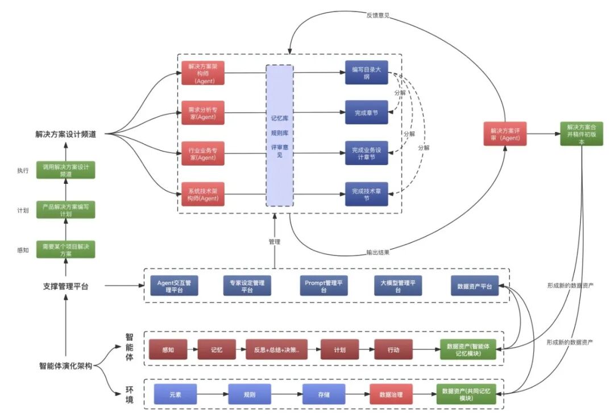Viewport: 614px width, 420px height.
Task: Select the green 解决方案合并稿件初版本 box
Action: [x=581, y=134]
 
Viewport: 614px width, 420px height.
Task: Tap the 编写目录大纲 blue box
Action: [x=367, y=73]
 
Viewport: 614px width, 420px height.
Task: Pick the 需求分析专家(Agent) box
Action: [x=203, y=113]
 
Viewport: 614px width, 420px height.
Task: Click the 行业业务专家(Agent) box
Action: [x=203, y=154]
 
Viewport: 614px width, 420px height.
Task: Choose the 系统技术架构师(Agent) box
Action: [x=203, y=194]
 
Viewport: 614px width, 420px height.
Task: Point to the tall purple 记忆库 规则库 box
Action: [x=279, y=135]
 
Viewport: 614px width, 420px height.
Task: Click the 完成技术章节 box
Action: [x=367, y=194]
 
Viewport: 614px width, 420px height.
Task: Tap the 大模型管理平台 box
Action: [x=398, y=286]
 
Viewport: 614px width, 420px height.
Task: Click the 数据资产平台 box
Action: [x=474, y=286]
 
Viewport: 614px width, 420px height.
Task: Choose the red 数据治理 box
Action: [x=391, y=394]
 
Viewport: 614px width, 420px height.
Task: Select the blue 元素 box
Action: [x=175, y=394]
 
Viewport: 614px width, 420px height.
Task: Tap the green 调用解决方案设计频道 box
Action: [x=66, y=170]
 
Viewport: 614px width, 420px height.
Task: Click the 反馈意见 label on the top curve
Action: [x=377, y=15]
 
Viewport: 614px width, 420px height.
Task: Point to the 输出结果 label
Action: [x=377, y=253]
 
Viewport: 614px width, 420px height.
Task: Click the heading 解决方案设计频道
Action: [x=66, y=135]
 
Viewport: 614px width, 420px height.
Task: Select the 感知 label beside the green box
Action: [x=23, y=250]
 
